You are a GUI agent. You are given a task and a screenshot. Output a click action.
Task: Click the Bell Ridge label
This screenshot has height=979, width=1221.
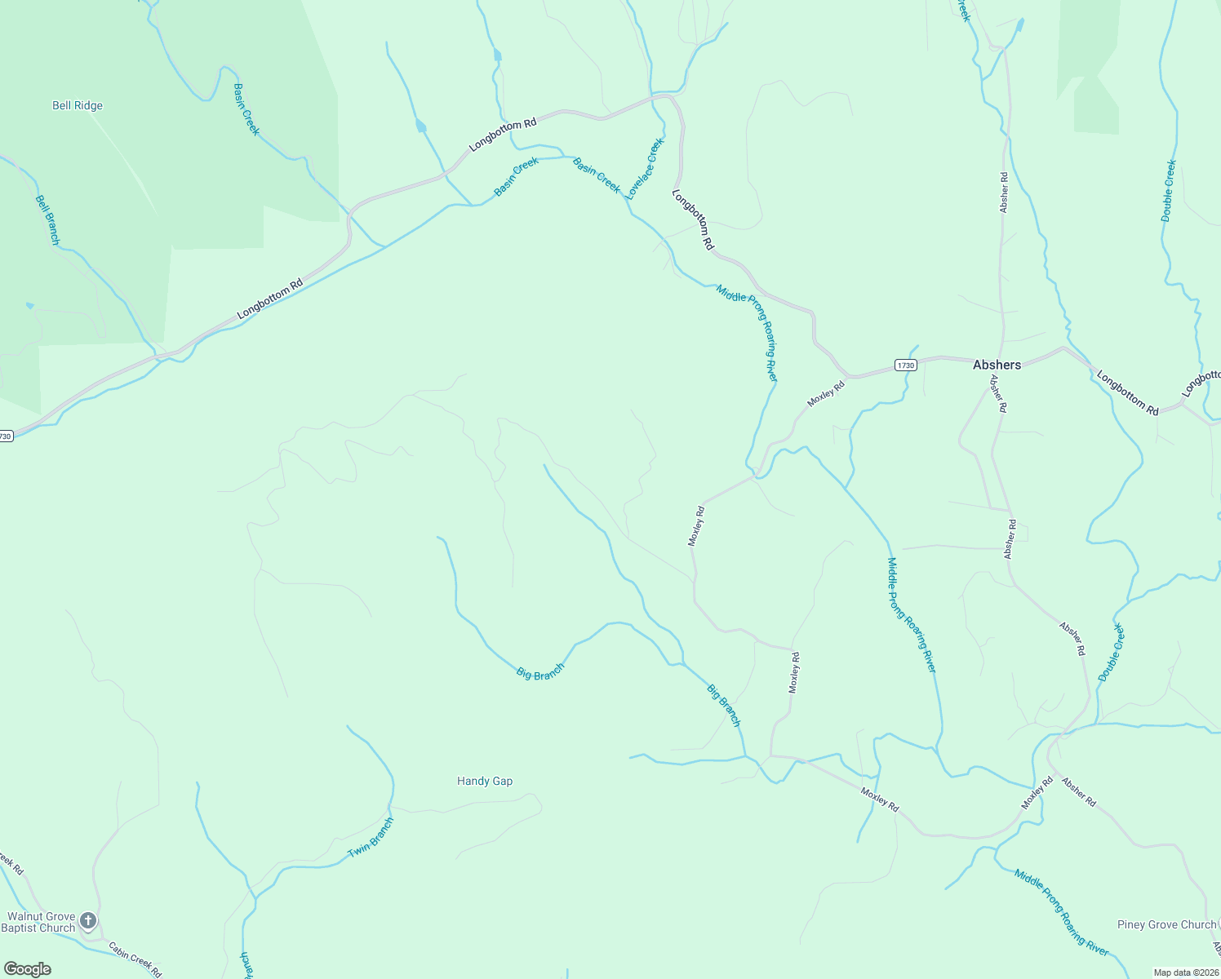pos(78,105)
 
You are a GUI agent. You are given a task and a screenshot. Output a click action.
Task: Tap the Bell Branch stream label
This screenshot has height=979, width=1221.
pos(47,219)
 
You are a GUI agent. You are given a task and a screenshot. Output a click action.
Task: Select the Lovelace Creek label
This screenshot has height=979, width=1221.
pos(645,169)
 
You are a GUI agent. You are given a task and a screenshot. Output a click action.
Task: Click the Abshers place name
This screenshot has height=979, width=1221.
pos(997,365)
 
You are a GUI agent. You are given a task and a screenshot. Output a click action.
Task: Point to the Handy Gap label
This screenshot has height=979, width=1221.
pos(485,781)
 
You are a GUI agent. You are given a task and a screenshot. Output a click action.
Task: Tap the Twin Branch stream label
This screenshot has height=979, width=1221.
pos(371,837)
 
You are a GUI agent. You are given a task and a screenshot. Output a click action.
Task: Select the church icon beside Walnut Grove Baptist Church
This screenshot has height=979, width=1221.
pos(88,921)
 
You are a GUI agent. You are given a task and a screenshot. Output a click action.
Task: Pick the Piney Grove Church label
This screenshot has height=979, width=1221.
pos(1166,924)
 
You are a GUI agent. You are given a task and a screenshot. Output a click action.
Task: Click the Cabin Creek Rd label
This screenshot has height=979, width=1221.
pos(135,959)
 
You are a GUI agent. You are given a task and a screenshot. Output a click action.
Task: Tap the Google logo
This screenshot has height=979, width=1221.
pos(28,969)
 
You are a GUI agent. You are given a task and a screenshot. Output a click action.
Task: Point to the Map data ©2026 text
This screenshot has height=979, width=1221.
pos(1185,972)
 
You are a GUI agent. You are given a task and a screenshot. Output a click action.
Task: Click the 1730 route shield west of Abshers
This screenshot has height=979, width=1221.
pos(905,365)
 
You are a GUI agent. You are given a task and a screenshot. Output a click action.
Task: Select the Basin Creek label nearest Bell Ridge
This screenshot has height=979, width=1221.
pos(246,109)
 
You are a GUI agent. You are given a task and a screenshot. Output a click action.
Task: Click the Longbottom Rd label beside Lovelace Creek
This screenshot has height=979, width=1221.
pos(693,219)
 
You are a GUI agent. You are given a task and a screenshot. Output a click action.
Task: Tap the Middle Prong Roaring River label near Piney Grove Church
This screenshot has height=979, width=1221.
pos(1061,913)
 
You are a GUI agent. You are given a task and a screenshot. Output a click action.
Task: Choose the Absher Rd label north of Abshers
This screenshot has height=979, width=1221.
pos(1004,193)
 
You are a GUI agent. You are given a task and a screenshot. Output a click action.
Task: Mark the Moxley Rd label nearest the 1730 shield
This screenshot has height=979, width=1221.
pos(826,393)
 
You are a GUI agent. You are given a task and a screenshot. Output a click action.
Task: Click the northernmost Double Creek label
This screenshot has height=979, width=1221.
pos(1169,191)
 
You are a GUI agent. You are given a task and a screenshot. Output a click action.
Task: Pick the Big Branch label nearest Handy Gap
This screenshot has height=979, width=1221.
pos(540,673)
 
